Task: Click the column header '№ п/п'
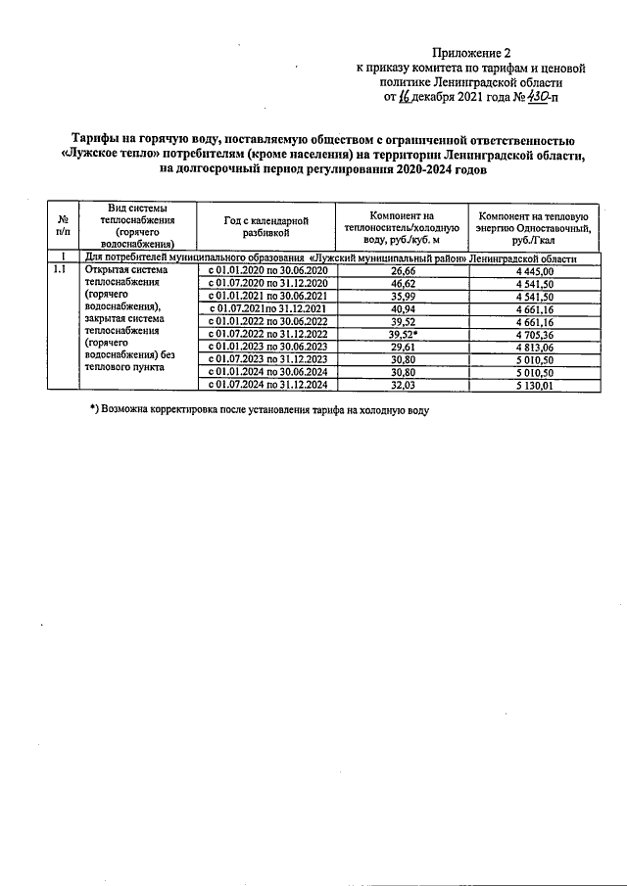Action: click(x=63, y=226)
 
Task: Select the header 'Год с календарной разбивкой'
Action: click(x=265, y=227)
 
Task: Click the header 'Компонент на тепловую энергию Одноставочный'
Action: click(x=533, y=226)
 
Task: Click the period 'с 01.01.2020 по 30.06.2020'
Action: click(x=265, y=270)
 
